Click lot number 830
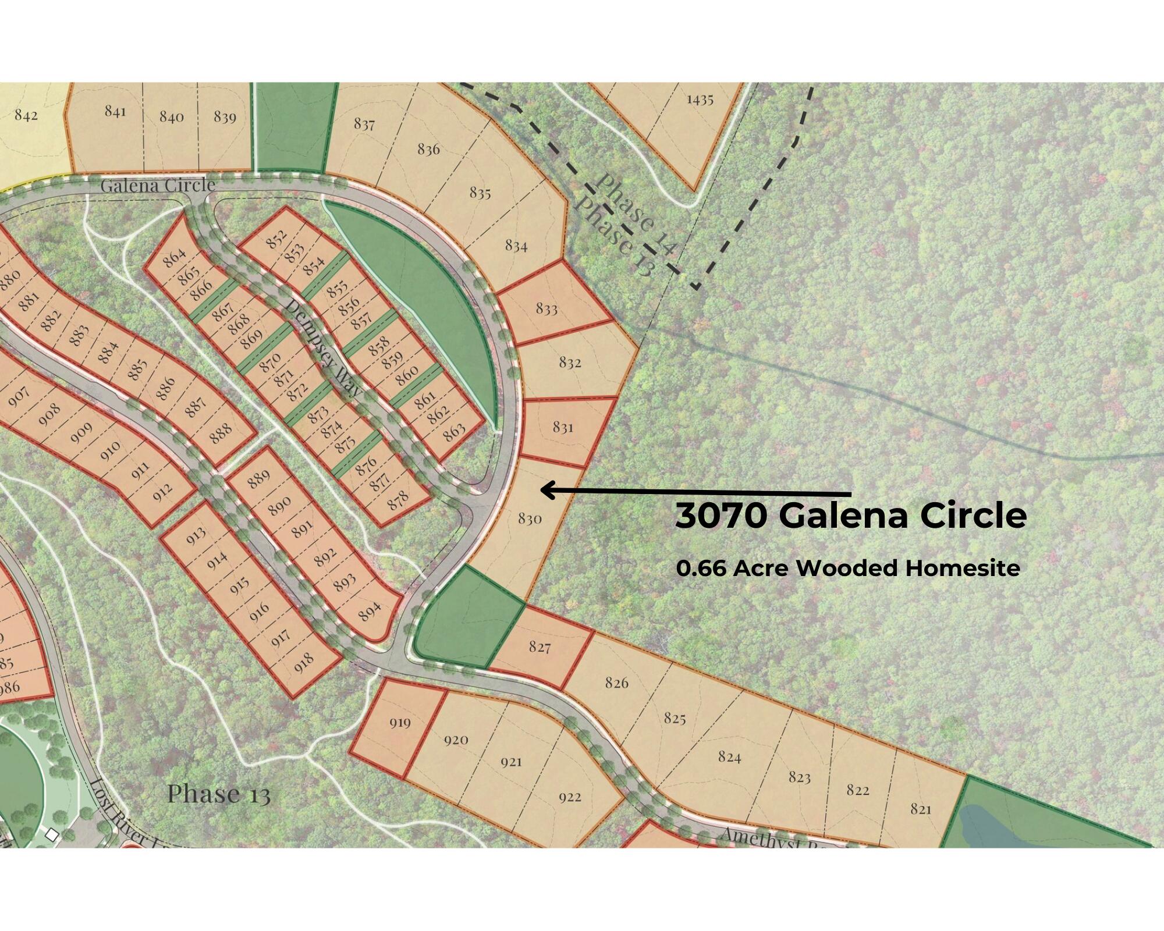530,518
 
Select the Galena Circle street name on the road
158,186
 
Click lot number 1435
700,100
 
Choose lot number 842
26,115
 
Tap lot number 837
364,124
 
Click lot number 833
546,308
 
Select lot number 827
540,646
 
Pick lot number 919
400,723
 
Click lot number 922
570,797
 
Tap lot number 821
921,809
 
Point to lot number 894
370,610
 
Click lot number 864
175,257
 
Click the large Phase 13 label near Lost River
219,794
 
